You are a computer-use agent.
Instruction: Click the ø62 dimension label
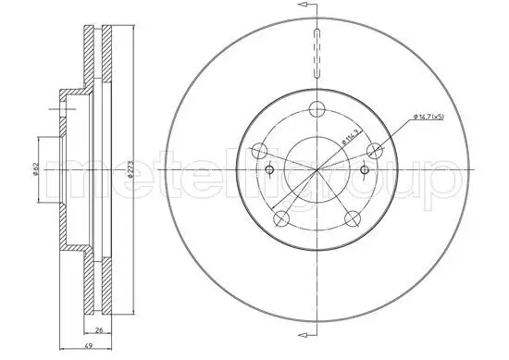tap(33, 168)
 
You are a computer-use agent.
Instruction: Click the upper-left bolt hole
tap(260, 150)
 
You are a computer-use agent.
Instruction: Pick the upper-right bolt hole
tap(376, 150)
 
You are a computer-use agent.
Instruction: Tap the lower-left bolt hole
tap(281, 218)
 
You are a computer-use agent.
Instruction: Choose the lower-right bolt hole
tap(354, 218)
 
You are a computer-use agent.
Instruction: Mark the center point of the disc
tap(317, 170)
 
